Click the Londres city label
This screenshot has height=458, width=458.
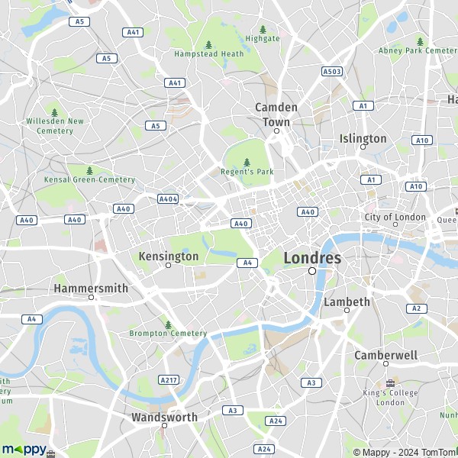pos(312,258)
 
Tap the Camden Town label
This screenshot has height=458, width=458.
pos(276,114)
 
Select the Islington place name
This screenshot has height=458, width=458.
pos(363,138)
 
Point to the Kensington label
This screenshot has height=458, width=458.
pos(168,256)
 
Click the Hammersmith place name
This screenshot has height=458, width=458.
pos(91,289)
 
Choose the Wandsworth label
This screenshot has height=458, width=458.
pos(164,418)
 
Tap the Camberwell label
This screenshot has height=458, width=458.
pos(385,356)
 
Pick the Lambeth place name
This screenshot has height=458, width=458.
pos(347,302)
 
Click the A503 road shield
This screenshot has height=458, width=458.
pos(331,71)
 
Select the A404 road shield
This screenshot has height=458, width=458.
pos(168,198)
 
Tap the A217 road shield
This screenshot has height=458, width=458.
pos(169,379)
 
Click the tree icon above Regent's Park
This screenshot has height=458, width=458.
pos(247,162)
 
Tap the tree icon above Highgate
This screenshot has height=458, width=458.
pos(263,29)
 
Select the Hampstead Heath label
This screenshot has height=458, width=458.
pos(208,54)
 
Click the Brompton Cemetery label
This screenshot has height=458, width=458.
pos(168,334)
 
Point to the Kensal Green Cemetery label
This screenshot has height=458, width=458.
pos(89,180)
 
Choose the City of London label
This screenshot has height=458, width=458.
pos(394,217)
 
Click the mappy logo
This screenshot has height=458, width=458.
pos(24,449)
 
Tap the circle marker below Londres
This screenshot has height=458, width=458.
pos(312,271)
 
